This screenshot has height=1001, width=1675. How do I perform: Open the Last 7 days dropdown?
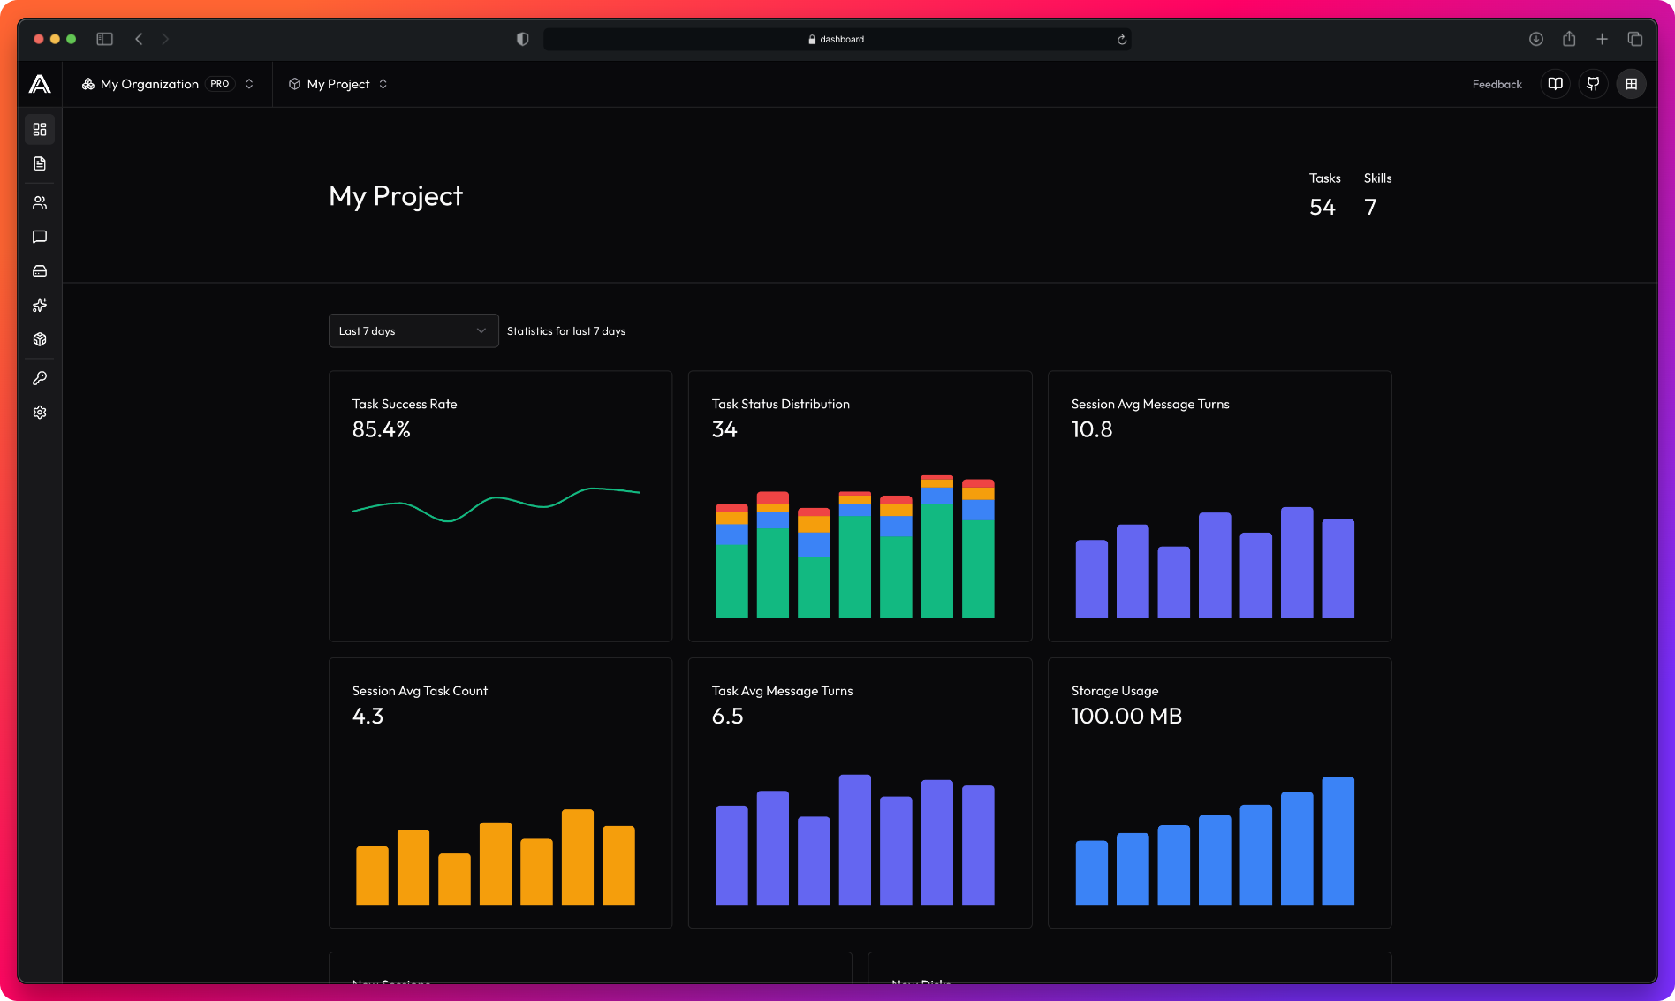[413, 331]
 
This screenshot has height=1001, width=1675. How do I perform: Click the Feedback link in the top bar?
[1497, 85]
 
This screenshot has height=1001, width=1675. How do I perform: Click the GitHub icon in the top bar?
[1593, 84]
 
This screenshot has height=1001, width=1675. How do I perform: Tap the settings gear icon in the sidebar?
[40, 413]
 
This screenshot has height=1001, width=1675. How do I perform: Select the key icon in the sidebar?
[40, 378]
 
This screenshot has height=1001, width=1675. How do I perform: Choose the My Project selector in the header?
[338, 84]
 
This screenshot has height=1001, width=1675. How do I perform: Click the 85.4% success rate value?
[381, 430]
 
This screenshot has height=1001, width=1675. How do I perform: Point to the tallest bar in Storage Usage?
[1338, 840]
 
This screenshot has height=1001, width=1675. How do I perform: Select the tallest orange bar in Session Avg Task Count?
[577, 856]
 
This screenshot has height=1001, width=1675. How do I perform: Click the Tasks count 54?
[1322, 208]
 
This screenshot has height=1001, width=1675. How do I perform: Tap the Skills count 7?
[1370, 208]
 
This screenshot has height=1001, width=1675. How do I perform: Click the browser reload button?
[1122, 40]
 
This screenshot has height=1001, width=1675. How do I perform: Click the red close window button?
[38, 39]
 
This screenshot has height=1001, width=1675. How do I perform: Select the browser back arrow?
[139, 39]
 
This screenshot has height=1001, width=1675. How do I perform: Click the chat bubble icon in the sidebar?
[40, 237]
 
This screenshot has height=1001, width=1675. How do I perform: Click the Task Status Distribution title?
[780, 405]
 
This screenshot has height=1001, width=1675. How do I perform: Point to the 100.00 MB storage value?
[1126, 717]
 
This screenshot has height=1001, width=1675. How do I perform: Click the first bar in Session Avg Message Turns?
[1091, 579]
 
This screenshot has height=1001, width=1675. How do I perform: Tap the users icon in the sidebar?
[40, 202]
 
